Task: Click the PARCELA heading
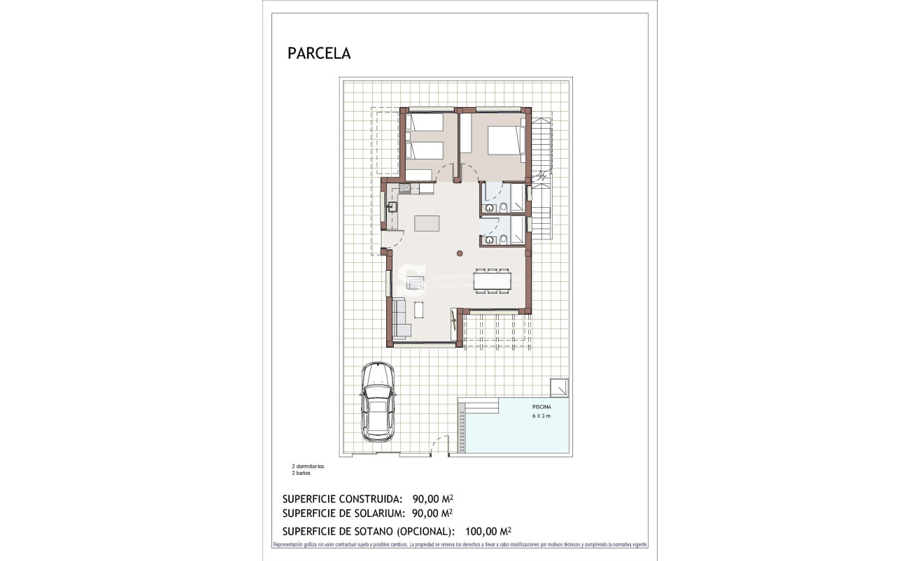click(319, 54)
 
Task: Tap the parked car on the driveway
click(378, 402)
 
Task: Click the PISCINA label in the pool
click(541, 406)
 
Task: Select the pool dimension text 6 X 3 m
click(541, 416)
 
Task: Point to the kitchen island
click(428, 223)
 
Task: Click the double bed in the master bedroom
click(505, 140)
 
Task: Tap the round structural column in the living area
click(460, 253)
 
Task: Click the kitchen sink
click(392, 206)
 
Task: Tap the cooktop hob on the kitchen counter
click(405, 188)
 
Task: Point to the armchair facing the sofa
click(416, 283)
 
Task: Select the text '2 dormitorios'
click(308, 466)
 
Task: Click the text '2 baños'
click(301, 473)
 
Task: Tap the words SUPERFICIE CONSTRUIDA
click(342, 499)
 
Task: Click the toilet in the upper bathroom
click(504, 207)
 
